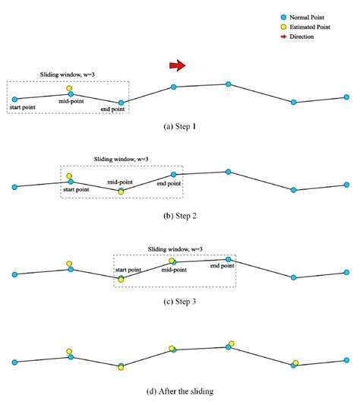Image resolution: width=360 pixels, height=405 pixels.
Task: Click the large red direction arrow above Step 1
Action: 176,67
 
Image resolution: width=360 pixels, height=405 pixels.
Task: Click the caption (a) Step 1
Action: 179,126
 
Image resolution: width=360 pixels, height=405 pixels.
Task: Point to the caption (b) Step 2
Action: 180,216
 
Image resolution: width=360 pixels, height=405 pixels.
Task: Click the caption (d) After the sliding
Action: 180,391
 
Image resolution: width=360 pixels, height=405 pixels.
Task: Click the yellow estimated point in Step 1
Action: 70,88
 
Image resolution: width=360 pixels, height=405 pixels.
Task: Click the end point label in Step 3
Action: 222,266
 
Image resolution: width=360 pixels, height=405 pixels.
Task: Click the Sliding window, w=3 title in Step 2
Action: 120,160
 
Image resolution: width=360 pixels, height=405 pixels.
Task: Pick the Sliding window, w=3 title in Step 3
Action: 175,248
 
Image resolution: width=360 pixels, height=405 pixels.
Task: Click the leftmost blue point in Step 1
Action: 14,98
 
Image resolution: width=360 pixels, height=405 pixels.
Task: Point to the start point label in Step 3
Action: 127,270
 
